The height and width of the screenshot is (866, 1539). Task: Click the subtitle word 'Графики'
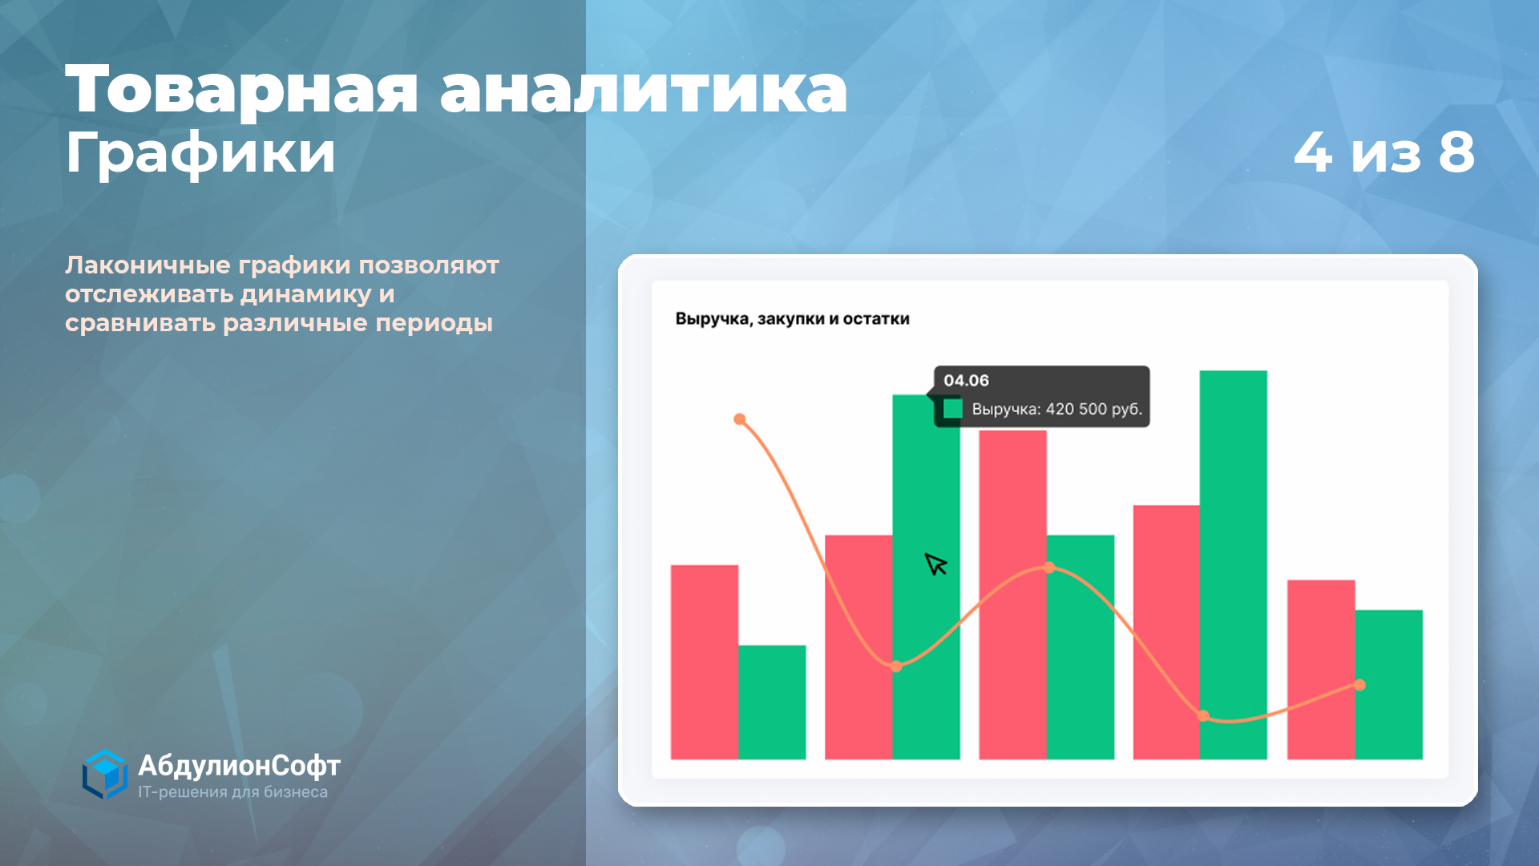pos(200,154)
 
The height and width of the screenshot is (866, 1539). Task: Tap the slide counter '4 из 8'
pos(1384,152)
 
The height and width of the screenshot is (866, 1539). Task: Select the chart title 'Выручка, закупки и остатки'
pos(792,319)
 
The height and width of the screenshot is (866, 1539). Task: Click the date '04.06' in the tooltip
pos(966,380)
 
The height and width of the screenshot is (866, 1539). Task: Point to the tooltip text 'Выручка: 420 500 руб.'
pos(1056,409)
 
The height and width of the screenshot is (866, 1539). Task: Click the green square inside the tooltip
pos(952,409)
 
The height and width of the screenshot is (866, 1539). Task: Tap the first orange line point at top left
pos(740,419)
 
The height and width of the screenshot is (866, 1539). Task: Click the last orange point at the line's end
pos(1359,685)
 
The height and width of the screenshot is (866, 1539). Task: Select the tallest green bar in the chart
pos(1233,565)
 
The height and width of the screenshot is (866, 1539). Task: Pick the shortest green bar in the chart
pos(772,702)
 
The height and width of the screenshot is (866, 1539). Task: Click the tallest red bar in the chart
pos(1012,595)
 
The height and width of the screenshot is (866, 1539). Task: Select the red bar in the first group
pos(705,662)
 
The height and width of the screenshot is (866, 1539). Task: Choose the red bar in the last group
pos(1321,670)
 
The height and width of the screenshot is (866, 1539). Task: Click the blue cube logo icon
pos(105,775)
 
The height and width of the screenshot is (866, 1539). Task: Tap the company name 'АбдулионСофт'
pos(239,766)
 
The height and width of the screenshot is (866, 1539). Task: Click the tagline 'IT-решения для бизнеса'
pos(232,792)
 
